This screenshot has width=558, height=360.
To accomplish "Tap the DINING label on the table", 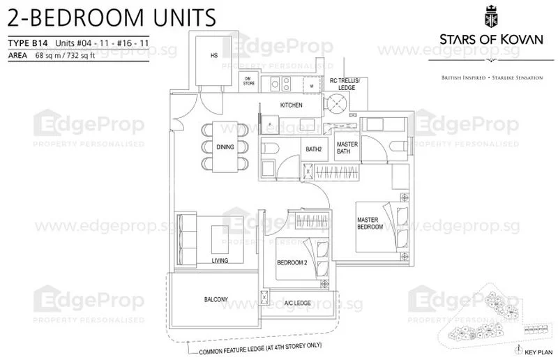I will (225, 147).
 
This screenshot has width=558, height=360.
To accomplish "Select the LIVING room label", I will (220, 261).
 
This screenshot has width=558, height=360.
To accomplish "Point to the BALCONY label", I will (216, 300).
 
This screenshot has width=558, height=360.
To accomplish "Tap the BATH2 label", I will (313, 148).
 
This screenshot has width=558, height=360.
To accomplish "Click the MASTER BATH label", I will (347, 148).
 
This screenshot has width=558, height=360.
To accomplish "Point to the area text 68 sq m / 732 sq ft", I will (84, 54).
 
